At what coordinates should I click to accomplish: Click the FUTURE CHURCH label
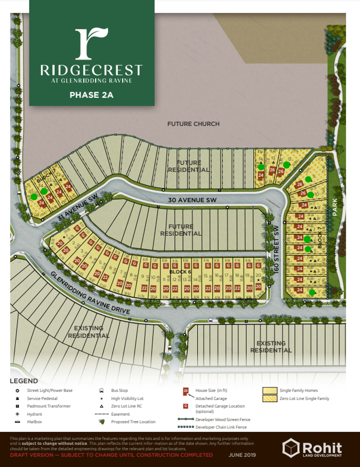coord(193,124)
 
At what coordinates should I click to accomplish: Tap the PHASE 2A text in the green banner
coord(91,95)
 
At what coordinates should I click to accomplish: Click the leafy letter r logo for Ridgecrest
coord(91,43)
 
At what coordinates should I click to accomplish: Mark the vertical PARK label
coord(335,207)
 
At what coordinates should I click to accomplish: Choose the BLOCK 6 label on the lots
coord(180,271)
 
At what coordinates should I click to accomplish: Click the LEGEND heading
coord(24,381)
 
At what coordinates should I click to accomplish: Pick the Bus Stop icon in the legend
coord(101,390)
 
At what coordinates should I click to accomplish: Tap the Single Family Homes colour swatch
coord(270,390)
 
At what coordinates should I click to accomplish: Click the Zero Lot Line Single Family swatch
coord(270,398)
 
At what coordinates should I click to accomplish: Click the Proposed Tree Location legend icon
coord(101,422)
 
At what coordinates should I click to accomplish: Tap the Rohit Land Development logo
coord(312,448)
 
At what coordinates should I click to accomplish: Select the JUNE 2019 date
coord(242,455)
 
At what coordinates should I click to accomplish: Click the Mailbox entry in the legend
coord(34,422)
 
